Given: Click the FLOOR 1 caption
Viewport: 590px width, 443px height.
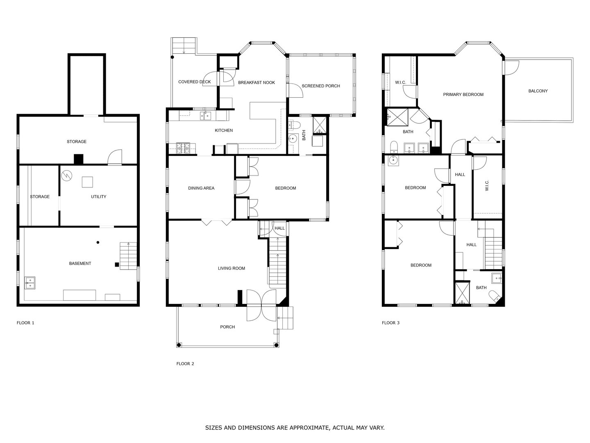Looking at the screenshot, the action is pos(25,323).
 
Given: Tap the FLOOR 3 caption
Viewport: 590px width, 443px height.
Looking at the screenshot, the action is pos(390,323).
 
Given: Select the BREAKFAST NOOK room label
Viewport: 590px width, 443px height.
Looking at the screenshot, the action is pos(256,82).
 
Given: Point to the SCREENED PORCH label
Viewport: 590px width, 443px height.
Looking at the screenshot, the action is pos(321,86).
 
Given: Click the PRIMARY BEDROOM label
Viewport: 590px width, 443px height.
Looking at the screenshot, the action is pos(463,94).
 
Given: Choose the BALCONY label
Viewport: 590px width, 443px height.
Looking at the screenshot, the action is pos(538,91).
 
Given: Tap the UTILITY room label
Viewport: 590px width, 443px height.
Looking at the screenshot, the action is pos(98,196).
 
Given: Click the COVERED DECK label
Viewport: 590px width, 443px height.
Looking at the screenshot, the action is pos(194,82).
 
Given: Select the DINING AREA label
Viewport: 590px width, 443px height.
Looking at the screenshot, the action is pos(201,188).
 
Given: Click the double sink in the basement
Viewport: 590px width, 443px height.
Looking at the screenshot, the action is pos(30,283).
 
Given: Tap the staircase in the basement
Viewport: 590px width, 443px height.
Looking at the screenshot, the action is pos(128,256).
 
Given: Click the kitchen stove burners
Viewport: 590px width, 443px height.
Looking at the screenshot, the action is pos(183,148).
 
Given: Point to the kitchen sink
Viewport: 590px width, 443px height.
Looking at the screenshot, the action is pos(205,116).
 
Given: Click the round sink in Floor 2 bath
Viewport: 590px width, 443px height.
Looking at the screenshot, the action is pos(292,139).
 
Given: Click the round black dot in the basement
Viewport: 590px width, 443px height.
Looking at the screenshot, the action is pos(98,242).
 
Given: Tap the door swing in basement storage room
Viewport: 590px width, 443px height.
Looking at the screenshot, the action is pos(115,157).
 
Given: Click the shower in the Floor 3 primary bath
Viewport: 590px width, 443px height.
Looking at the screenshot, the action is pos(397,117).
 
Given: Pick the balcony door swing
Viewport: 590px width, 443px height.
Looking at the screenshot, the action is pos(512,68).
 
